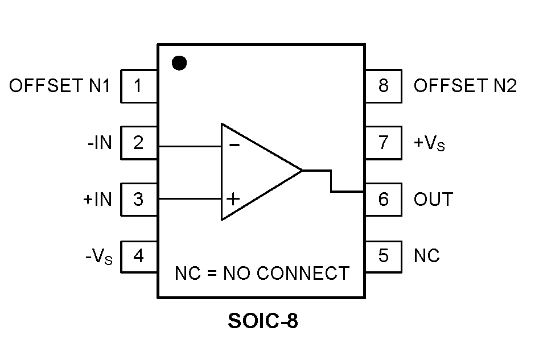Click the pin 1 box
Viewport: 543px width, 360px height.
[139, 86]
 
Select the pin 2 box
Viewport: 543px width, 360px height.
[139, 143]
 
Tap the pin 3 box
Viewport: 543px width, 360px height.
[139, 200]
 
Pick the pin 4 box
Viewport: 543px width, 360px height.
[139, 256]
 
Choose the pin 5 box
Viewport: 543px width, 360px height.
[384, 256]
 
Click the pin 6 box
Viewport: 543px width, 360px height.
[384, 200]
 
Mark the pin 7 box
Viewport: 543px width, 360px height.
[384, 143]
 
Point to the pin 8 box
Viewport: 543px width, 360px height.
[384, 86]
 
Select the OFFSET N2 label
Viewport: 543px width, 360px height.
[465, 86]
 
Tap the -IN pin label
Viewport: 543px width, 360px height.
[100, 143]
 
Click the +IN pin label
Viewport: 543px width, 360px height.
[97, 200]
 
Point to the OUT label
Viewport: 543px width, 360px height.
[434, 200]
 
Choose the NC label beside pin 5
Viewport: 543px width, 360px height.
[427, 256]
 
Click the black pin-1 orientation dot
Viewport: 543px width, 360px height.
[179, 63]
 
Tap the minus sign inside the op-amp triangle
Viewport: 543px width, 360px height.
[234, 145]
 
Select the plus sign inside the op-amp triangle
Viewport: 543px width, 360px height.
[233, 198]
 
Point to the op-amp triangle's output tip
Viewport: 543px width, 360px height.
[302, 170]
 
